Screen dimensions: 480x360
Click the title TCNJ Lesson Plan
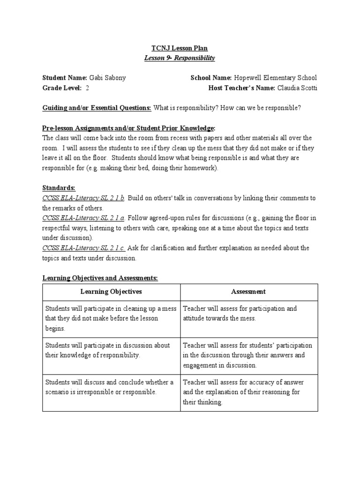coord(180,48)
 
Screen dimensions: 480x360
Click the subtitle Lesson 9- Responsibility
coord(180,58)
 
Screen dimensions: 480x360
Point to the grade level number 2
coord(88,88)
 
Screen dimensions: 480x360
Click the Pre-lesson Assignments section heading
coord(129,128)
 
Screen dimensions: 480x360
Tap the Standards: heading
coord(59,187)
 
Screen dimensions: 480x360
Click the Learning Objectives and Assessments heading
coord(100,278)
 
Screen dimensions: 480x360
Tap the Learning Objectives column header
coord(111,292)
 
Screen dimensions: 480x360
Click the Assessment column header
coord(248,292)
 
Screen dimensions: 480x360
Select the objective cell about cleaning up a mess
coord(111,318)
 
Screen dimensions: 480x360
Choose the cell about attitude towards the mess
coord(248,314)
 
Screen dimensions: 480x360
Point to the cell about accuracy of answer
coord(248,392)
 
